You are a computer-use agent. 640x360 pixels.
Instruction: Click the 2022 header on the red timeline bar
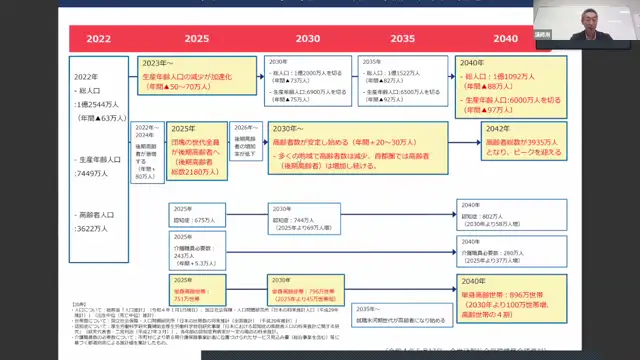[98, 38]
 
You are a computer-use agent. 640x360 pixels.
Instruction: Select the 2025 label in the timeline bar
[196, 38]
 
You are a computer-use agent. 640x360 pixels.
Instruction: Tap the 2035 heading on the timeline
[403, 38]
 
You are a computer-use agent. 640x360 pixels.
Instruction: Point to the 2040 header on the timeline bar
[505, 38]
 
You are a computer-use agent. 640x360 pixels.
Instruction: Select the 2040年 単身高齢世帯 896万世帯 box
[505, 297]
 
